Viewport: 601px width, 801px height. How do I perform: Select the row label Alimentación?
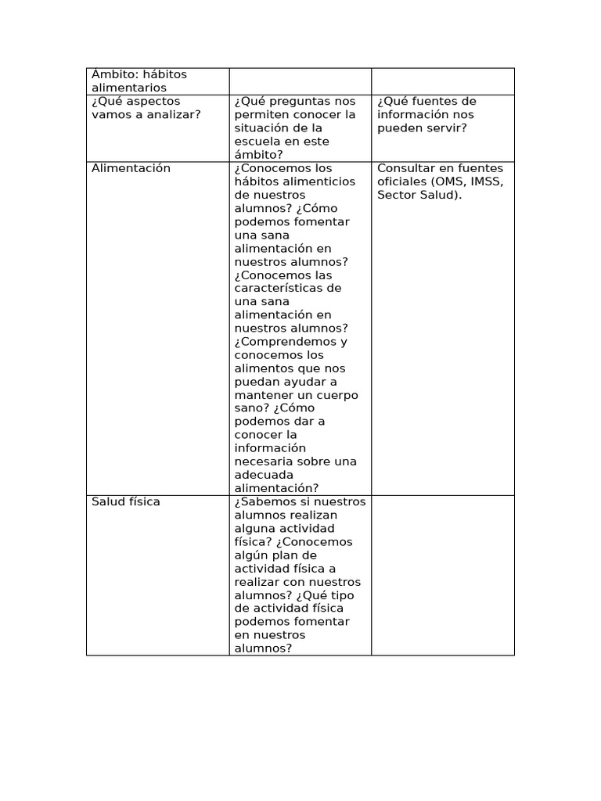(131, 168)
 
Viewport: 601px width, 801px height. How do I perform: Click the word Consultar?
(407, 168)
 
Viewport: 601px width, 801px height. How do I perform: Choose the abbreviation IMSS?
(487, 181)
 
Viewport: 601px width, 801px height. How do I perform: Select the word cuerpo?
(333, 395)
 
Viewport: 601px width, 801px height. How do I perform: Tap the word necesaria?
(263, 462)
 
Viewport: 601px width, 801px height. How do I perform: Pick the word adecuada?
(264, 475)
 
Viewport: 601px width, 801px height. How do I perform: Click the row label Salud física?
(125, 501)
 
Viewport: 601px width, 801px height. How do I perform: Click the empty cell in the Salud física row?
(443, 575)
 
